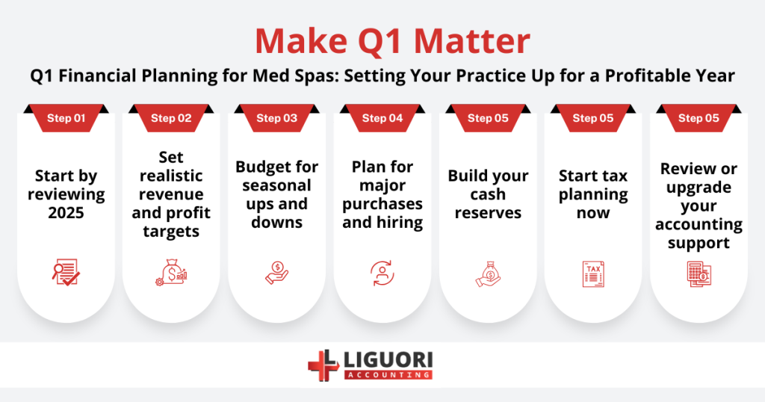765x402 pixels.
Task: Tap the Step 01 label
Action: pos(66,118)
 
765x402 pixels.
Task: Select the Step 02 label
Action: pos(171,118)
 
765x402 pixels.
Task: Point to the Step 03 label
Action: pos(276,118)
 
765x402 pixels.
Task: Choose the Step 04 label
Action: pos(382,118)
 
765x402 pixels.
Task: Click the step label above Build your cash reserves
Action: pos(488,118)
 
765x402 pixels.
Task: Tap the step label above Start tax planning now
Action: pos(593,118)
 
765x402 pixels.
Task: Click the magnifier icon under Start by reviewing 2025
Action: pos(66,273)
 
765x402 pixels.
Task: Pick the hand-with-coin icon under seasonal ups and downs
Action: pos(276,273)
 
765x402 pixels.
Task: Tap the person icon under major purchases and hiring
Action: pos(382,273)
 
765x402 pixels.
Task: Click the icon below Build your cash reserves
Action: pos(488,273)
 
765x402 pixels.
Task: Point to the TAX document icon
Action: pos(593,273)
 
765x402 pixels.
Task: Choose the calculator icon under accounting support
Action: pos(699,273)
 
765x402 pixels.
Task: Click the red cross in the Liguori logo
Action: pos(323,365)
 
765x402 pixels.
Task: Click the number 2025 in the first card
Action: pos(66,213)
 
